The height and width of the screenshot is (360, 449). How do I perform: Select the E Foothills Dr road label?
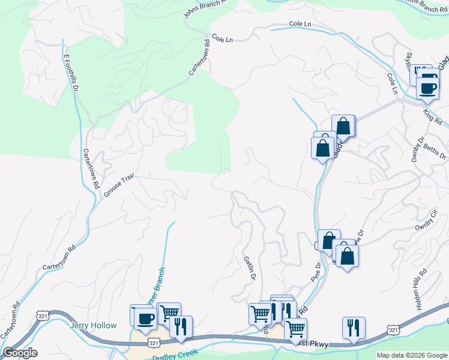click(71, 73)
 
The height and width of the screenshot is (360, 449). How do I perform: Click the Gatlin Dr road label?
click(250, 268)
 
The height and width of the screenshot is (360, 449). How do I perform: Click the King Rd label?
click(432, 115)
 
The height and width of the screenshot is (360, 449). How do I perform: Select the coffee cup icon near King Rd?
click(428, 88)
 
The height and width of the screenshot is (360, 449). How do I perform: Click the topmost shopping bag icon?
click(343, 126)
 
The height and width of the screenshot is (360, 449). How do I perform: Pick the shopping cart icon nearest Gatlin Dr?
click(260, 313)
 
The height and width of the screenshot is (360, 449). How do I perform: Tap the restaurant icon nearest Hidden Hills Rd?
click(352, 328)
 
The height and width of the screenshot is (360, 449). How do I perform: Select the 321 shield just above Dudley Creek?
click(154, 343)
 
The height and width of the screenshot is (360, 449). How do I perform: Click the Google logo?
click(20, 353)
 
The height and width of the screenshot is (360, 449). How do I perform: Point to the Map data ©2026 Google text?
click(412, 355)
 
